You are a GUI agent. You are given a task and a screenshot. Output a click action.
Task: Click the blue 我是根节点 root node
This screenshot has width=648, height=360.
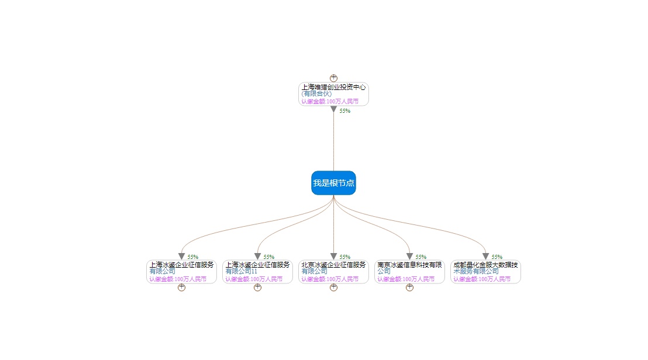(333, 183)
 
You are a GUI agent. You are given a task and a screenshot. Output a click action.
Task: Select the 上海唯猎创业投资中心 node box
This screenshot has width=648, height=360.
(333, 94)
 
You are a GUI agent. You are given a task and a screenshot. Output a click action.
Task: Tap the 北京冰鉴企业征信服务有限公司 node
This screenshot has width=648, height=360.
(333, 272)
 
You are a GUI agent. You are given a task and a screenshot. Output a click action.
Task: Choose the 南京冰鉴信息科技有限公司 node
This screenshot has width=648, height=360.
(409, 272)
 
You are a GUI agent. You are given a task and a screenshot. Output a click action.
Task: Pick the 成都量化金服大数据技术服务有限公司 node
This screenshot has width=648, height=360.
(485, 272)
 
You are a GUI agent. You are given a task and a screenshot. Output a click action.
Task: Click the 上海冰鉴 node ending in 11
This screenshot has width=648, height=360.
(257, 272)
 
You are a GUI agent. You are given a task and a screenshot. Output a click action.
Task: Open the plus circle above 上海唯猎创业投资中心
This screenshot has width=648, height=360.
(333, 78)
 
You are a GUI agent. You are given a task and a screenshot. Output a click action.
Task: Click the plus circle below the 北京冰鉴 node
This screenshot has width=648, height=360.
(333, 288)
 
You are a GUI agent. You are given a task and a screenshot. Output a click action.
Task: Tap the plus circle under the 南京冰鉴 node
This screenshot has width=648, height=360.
(409, 288)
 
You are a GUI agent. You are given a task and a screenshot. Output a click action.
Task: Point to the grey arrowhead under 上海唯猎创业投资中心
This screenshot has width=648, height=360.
(333, 109)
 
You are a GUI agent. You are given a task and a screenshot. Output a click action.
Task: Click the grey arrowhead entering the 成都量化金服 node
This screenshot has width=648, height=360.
(485, 257)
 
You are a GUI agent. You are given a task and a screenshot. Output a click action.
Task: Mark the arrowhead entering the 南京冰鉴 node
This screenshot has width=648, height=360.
(409, 257)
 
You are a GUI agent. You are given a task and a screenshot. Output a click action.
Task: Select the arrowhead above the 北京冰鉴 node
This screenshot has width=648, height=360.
(333, 257)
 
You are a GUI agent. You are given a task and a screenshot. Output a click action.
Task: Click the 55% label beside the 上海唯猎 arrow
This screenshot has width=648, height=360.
(345, 111)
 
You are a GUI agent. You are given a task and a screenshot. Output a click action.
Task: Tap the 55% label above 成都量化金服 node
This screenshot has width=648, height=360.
(497, 257)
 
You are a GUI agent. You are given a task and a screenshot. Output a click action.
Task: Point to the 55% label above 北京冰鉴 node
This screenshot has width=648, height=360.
(345, 257)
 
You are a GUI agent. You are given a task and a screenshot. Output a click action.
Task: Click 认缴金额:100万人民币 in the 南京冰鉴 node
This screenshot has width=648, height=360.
(406, 279)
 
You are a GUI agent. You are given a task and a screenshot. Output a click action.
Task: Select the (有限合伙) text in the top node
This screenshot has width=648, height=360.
(316, 94)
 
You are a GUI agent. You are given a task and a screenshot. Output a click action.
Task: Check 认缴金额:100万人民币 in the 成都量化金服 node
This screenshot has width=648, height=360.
(482, 279)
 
